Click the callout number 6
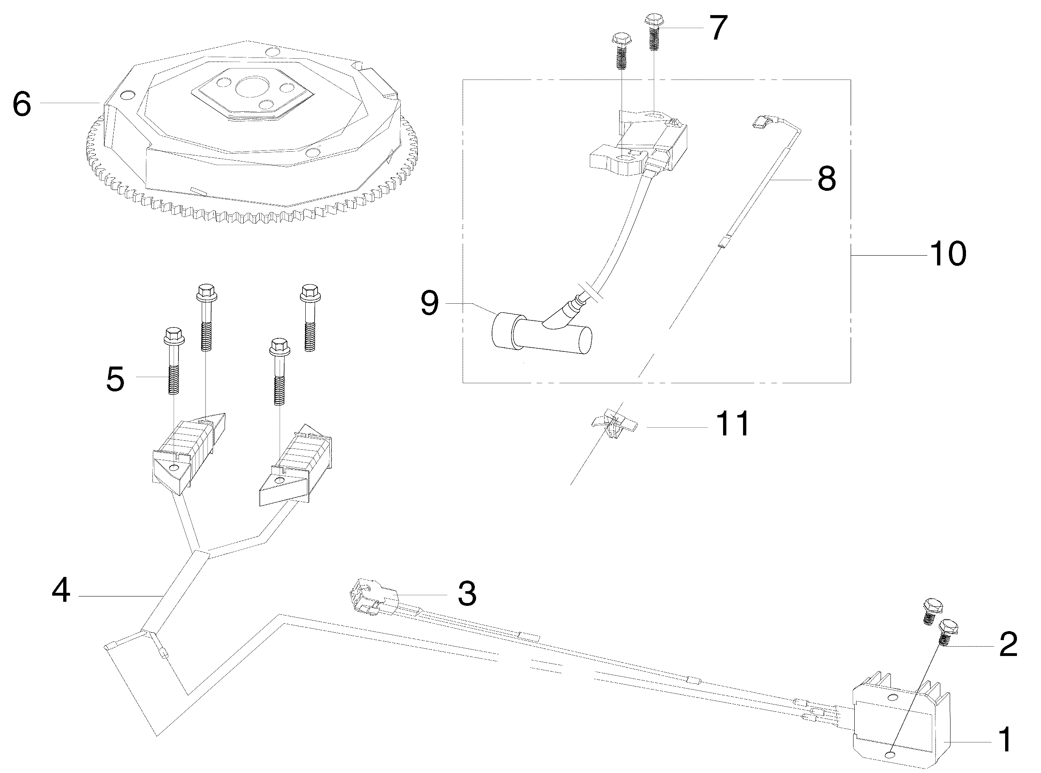pos(22,104)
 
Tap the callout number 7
pos(718,28)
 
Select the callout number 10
pos(948,254)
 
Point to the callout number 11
pos(733,424)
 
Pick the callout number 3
pos(466,594)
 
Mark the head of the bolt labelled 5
pos(174,335)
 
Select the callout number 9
pos(430,303)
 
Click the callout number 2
pos(1008,644)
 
